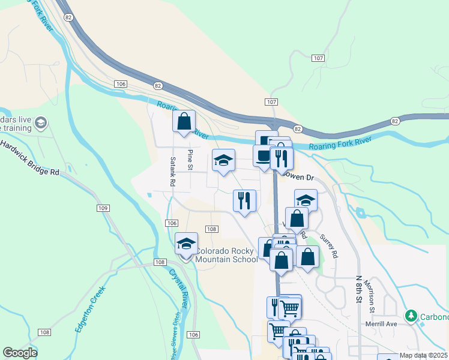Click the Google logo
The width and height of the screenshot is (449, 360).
(20, 353)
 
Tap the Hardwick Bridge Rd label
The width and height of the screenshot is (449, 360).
(30, 158)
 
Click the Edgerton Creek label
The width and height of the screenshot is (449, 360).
(91, 309)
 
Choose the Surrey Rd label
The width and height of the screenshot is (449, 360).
(329, 246)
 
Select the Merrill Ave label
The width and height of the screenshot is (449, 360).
(382, 324)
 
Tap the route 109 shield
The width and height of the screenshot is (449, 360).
(101, 208)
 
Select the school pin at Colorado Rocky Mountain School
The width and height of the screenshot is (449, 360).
(186, 244)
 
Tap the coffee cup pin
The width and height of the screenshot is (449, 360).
(264, 156)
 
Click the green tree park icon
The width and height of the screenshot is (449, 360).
(411, 315)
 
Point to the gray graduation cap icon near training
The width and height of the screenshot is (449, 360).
(41, 124)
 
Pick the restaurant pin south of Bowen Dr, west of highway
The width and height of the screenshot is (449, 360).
(244, 200)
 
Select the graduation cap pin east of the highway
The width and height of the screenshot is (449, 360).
(306, 200)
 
